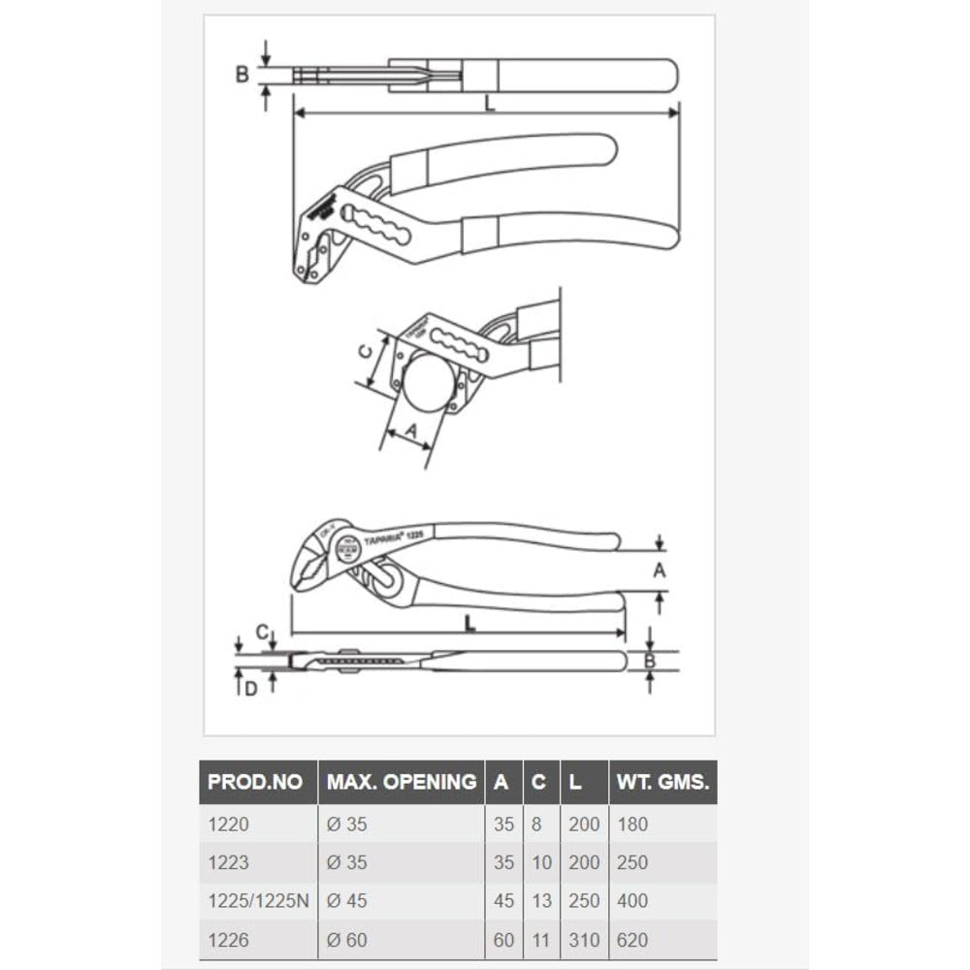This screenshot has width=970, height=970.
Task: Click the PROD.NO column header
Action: click(x=256, y=781)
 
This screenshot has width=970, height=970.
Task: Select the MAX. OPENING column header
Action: click(x=401, y=781)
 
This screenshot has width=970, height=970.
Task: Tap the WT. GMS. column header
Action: click(x=663, y=781)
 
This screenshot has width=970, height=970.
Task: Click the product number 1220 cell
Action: click(x=229, y=824)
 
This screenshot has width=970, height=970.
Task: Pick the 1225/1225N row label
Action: click(x=258, y=901)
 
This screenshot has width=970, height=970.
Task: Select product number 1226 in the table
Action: click(x=229, y=939)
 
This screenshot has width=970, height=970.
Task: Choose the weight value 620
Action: click(x=631, y=939)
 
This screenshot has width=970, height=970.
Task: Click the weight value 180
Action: click(x=631, y=824)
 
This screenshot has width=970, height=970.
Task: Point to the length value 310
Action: click(x=584, y=939)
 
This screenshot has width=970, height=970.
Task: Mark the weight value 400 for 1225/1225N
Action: click(x=631, y=901)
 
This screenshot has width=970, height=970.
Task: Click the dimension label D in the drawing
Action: click(x=250, y=690)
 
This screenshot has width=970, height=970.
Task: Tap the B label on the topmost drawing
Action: click(x=242, y=74)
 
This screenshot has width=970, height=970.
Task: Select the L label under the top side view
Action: click(x=490, y=104)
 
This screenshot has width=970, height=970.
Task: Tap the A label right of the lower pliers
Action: click(x=660, y=571)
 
